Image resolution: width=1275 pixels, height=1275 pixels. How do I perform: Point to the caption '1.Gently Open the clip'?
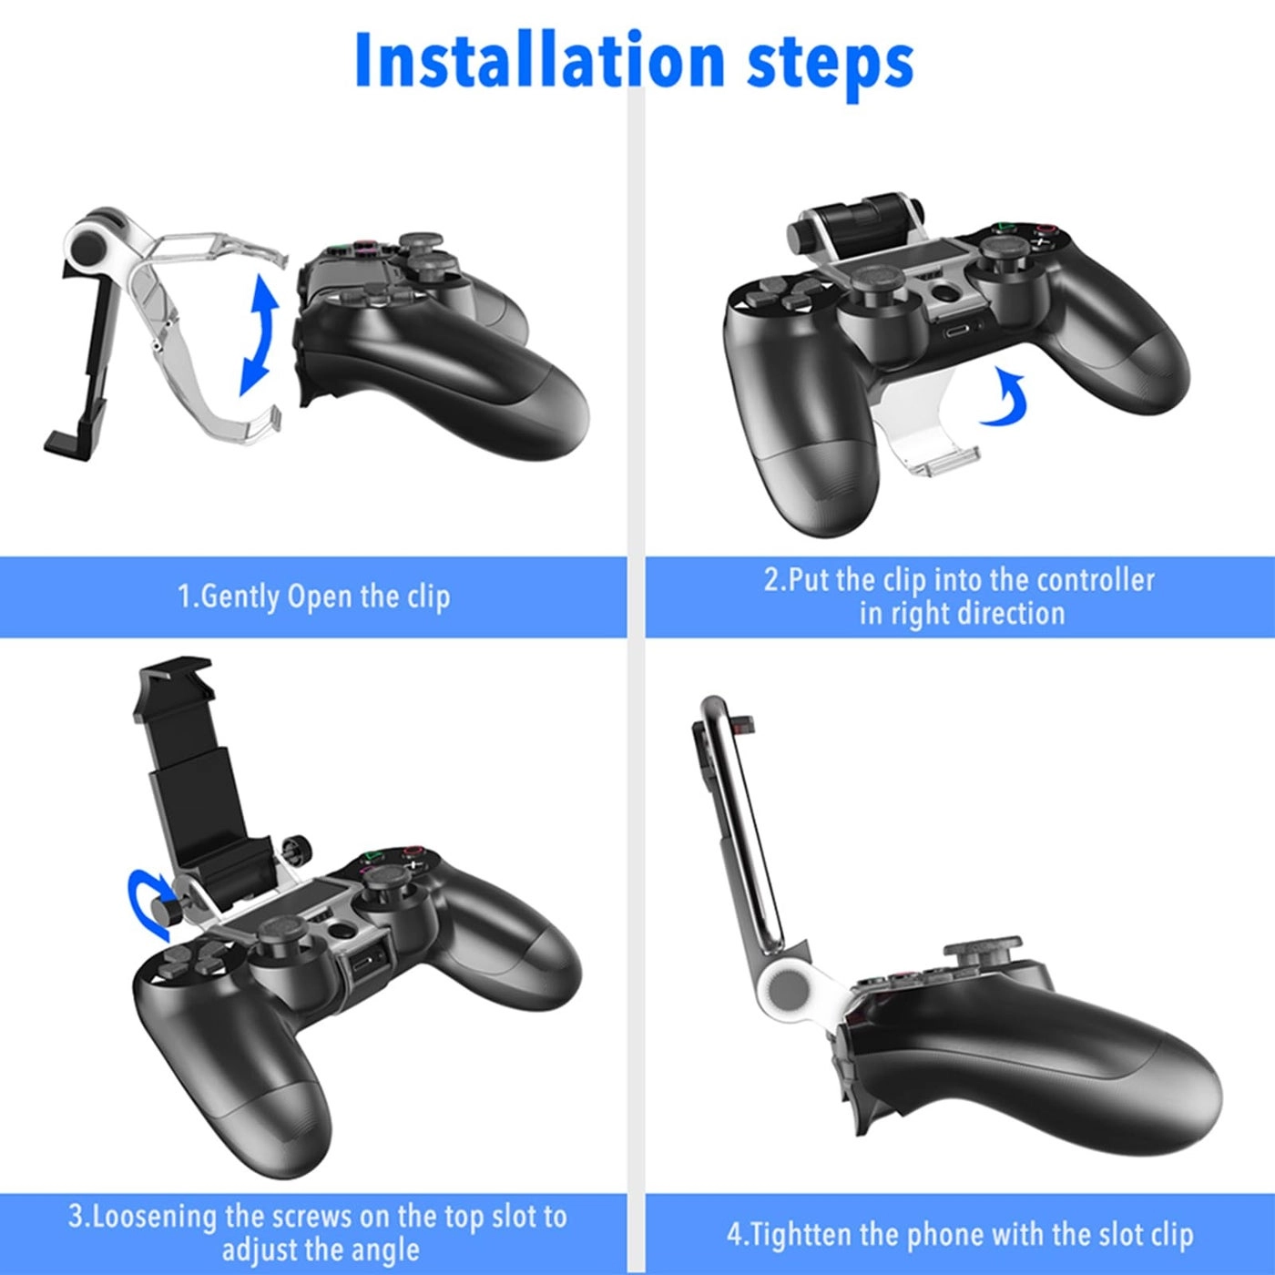pos(313,597)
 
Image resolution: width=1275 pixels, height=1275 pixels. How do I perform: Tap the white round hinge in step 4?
pos(786,987)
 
